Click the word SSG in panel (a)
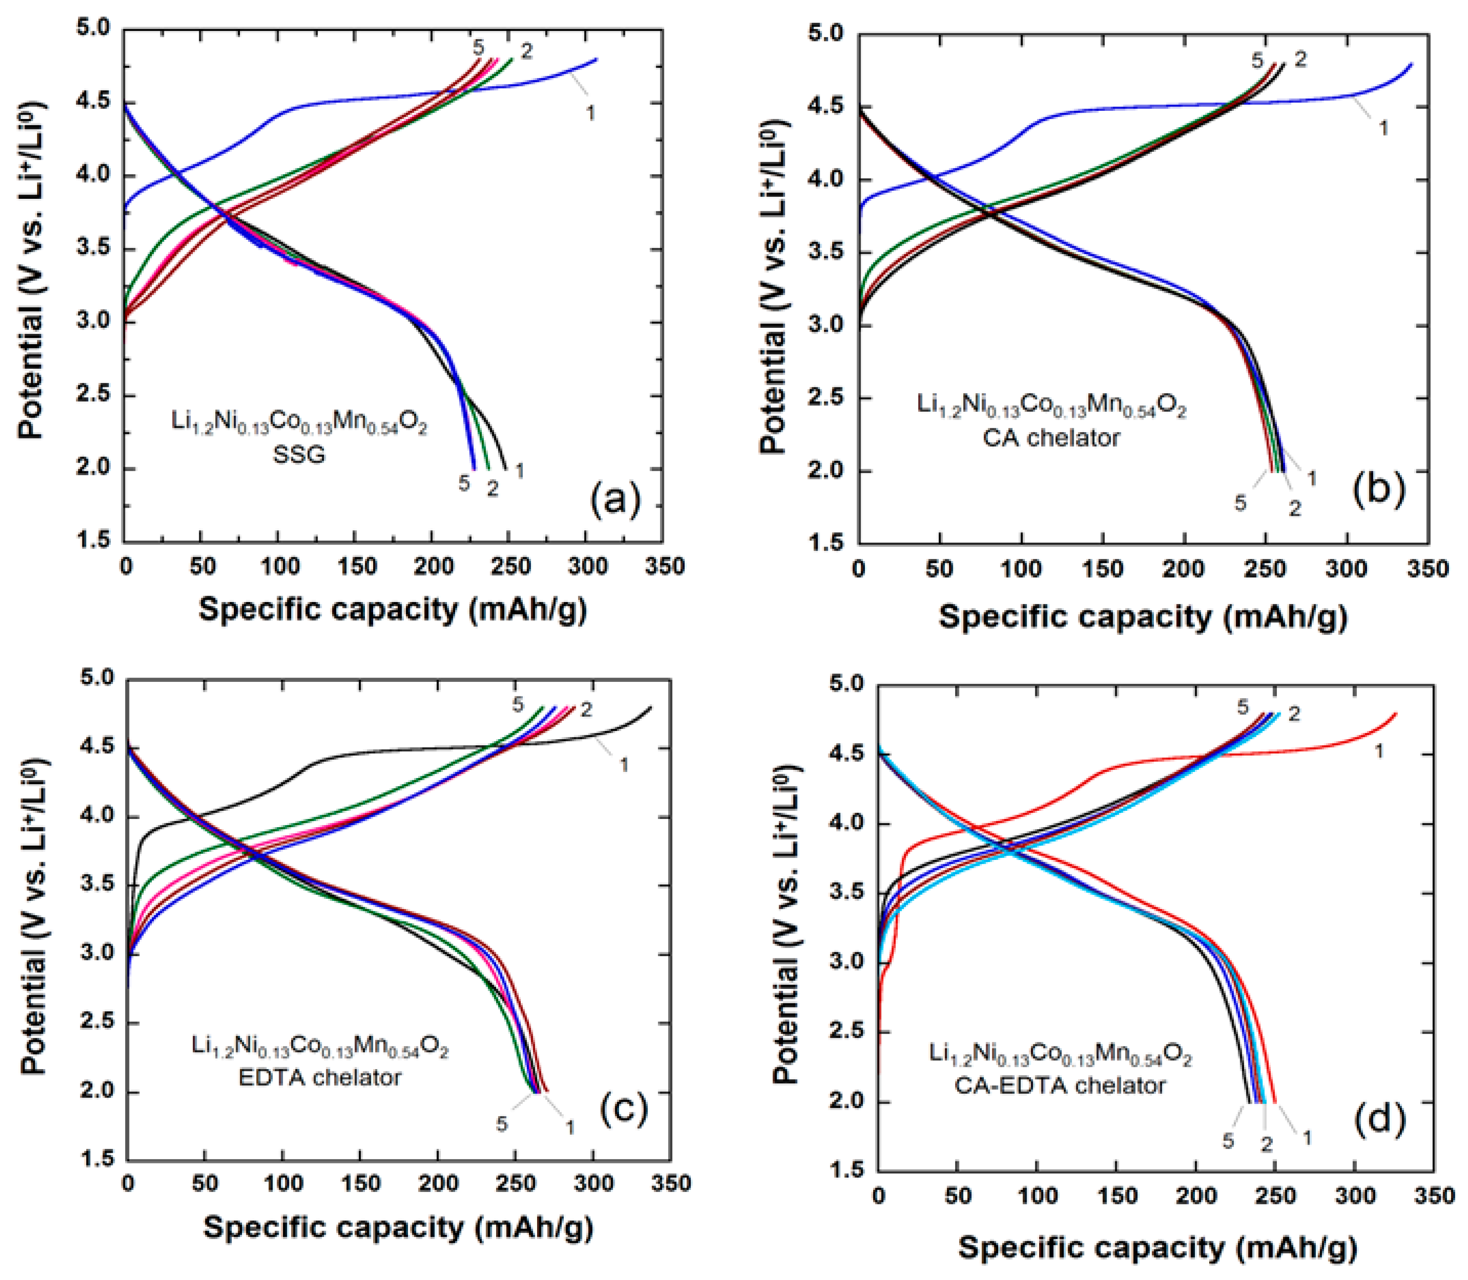pyautogui.click(x=299, y=454)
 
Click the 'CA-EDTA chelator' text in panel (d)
pyautogui.click(x=1060, y=1086)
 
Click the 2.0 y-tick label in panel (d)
pyautogui.click(x=851, y=1102)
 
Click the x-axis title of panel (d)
pyautogui.click(x=1157, y=1248)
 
